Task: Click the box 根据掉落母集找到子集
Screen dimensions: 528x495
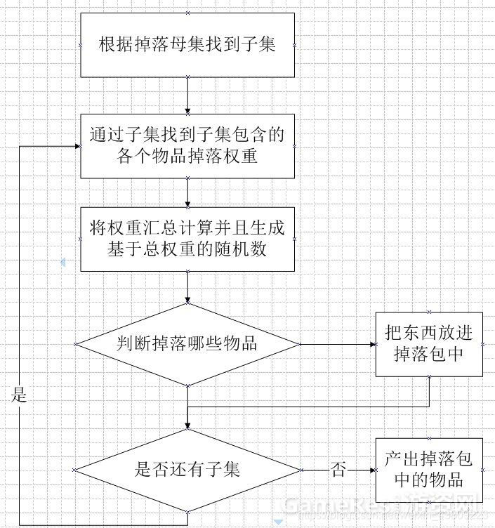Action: (x=187, y=45)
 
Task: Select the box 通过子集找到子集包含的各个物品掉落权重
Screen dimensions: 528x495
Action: (x=187, y=145)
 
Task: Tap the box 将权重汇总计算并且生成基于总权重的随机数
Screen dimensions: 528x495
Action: (x=187, y=239)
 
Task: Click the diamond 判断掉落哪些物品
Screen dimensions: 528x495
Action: (x=187, y=344)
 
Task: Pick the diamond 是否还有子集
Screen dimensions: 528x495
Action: (x=187, y=469)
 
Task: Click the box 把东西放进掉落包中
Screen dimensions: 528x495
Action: (x=429, y=344)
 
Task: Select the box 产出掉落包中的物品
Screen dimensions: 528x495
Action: (x=429, y=470)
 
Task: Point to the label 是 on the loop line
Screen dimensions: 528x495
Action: (x=19, y=395)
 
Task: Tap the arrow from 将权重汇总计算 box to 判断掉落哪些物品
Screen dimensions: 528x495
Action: (x=187, y=287)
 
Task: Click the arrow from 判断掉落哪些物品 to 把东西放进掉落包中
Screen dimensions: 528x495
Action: (x=337, y=344)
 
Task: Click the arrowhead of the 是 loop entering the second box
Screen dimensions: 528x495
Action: (x=76, y=145)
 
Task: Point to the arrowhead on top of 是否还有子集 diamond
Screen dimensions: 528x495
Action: (x=187, y=425)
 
